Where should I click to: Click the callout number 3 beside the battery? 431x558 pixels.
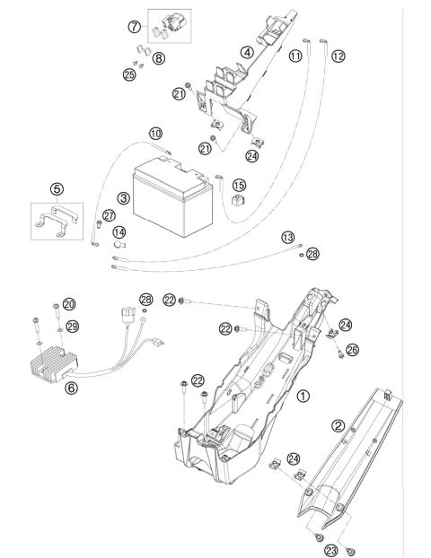[124, 198]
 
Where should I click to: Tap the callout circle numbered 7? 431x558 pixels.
[135, 26]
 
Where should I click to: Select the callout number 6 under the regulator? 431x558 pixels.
[71, 388]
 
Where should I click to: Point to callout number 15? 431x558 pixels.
[239, 185]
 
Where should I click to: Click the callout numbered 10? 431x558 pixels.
[155, 134]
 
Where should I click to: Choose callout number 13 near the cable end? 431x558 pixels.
[288, 237]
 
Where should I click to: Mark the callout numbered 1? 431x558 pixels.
[303, 396]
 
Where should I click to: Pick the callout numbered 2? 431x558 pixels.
[338, 425]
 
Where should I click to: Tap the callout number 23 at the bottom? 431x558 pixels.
[331, 551]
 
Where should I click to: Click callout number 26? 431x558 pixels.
[352, 350]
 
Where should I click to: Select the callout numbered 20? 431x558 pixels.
[69, 304]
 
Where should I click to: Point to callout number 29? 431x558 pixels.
[73, 327]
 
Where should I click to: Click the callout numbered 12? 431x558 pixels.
[339, 57]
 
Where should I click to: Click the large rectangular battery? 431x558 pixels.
[172, 197]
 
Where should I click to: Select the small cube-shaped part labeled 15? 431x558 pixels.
[237, 200]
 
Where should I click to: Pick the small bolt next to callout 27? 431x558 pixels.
[99, 224]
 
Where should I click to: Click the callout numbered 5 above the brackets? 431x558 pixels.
[57, 189]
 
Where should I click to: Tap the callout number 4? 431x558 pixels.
[247, 53]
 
